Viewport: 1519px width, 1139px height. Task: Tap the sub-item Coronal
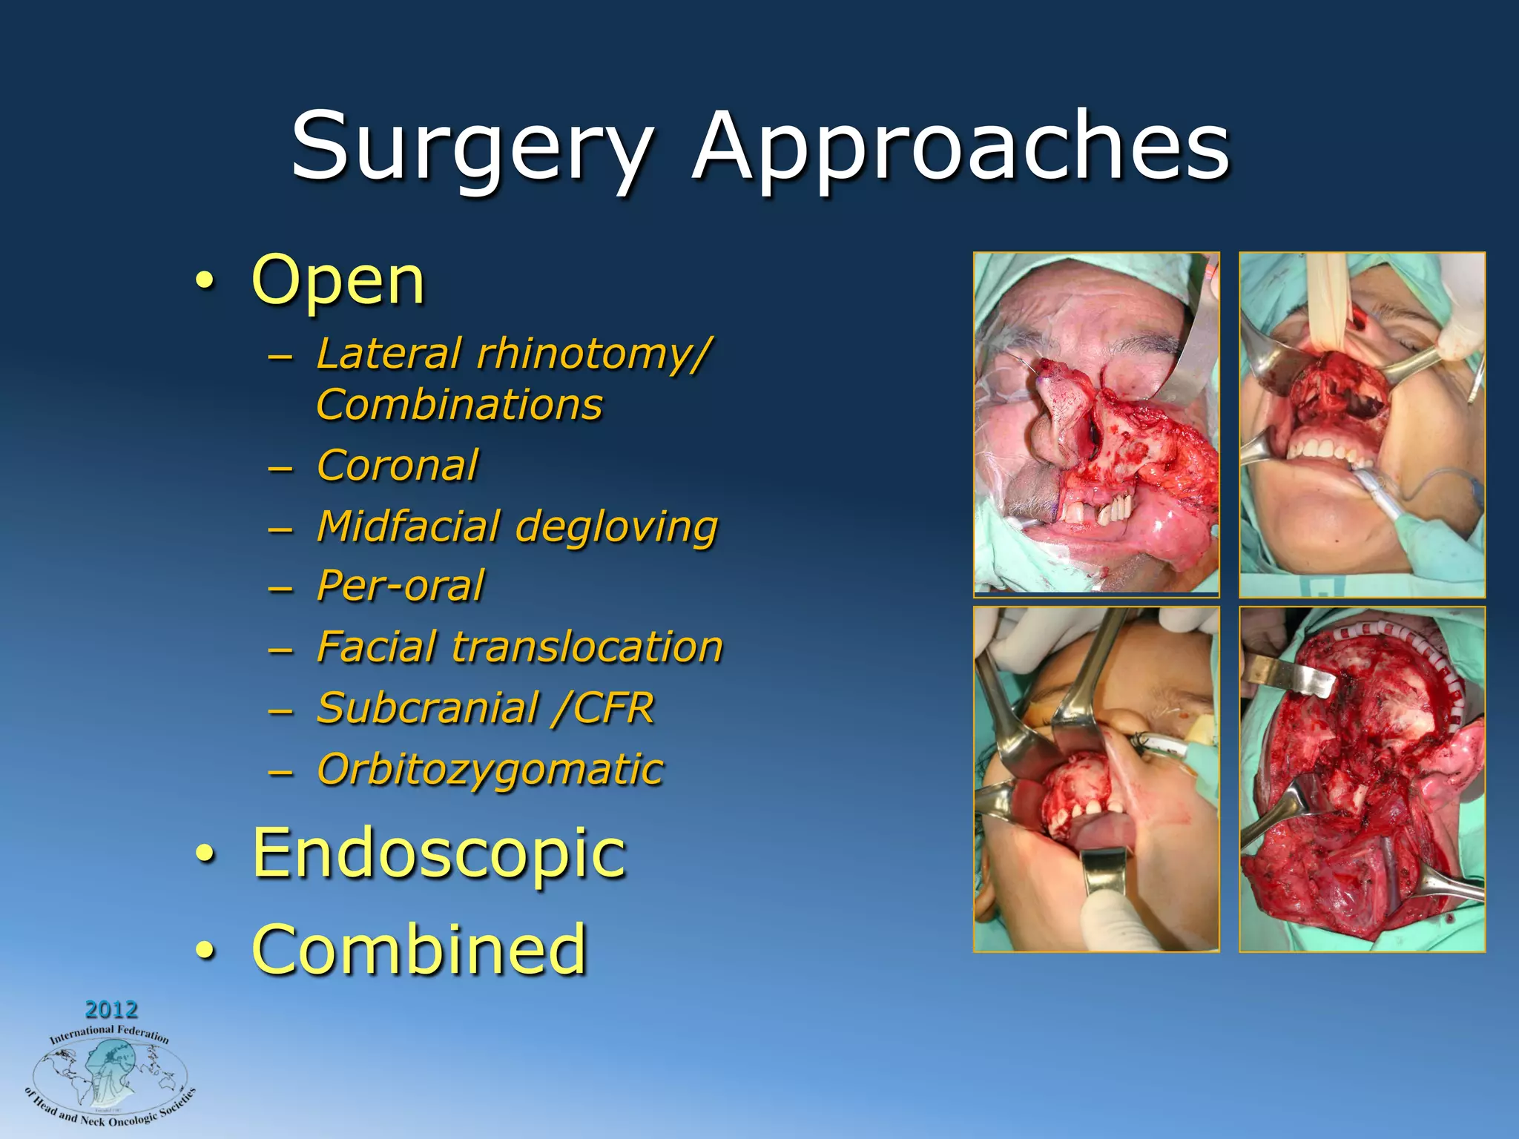pyautogui.click(x=398, y=466)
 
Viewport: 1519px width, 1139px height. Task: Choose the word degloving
pyautogui.click(x=616, y=527)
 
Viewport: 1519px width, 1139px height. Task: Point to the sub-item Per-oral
pyautogui.click(x=401, y=586)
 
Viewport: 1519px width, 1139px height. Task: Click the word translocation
pyautogui.click(x=587, y=647)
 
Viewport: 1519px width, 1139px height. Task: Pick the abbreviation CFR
pyautogui.click(x=613, y=708)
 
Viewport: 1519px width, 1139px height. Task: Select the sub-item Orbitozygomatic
pyautogui.click(x=490, y=769)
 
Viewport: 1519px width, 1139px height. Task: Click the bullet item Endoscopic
pyautogui.click(x=439, y=853)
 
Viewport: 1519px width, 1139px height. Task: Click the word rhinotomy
pyautogui.click(x=593, y=353)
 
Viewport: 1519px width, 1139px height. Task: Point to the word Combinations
pyautogui.click(x=459, y=405)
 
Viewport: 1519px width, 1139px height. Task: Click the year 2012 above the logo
pyautogui.click(x=111, y=1009)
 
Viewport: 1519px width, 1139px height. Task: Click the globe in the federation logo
pyautogui.click(x=110, y=1072)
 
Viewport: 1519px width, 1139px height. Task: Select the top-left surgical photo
pyautogui.click(x=1096, y=424)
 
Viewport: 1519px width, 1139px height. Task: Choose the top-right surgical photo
pyautogui.click(x=1362, y=424)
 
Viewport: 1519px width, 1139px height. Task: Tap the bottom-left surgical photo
pyautogui.click(x=1096, y=779)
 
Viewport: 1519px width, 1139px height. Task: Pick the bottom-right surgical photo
pyautogui.click(x=1362, y=779)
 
